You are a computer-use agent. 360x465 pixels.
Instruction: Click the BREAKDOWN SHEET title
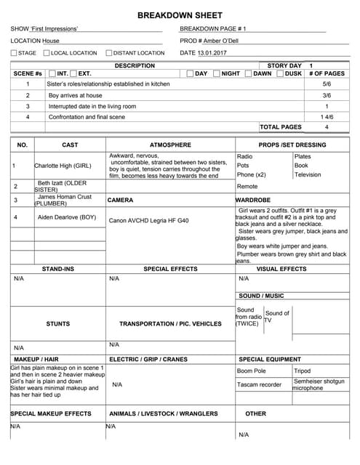click(x=180, y=15)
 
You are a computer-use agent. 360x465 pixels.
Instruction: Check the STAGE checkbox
click(x=14, y=53)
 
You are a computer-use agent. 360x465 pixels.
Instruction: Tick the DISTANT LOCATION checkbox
click(x=109, y=53)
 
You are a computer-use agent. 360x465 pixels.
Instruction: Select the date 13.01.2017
click(x=212, y=53)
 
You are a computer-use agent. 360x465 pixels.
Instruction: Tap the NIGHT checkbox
click(x=216, y=74)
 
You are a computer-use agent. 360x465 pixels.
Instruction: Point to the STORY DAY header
click(x=284, y=65)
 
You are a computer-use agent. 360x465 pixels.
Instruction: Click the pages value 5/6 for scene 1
click(x=327, y=84)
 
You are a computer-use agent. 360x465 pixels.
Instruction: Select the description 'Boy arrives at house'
click(x=76, y=95)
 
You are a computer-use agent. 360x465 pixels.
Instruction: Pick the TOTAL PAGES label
click(x=280, y=127)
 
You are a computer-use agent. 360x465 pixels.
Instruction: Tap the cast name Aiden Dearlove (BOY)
click(x=67, y=217)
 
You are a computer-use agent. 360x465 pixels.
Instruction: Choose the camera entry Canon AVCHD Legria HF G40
click(x=148, y=220)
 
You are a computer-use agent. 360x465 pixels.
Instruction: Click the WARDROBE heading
click(x=254, y=199)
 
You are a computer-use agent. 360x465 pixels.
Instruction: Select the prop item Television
click(x=308, y=175)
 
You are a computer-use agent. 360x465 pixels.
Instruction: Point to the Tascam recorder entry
click(x=259, y=384)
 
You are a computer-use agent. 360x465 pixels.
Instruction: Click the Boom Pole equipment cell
click(x=251, y=371)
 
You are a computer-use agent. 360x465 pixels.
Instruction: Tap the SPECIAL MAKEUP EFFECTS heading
click(x=51, y=413)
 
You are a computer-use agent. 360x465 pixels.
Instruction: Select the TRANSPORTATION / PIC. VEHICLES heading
click(x=170, y=324)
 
